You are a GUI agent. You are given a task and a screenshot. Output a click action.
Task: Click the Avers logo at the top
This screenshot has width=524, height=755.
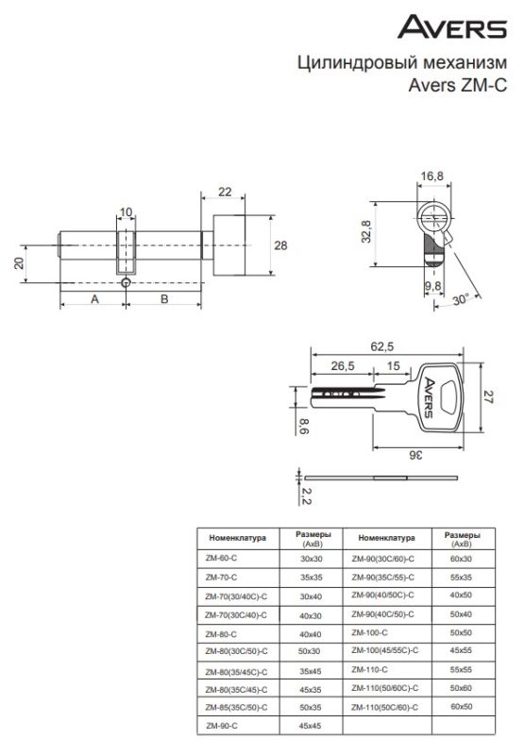pos(451,26)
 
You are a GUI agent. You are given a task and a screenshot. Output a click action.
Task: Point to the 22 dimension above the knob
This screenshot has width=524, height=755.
pos(225,192)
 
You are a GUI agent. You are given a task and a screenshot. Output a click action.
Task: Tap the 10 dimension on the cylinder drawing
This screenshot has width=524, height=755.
pos(126,212)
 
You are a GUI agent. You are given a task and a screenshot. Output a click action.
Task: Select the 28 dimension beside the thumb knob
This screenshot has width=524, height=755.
pos(280,245)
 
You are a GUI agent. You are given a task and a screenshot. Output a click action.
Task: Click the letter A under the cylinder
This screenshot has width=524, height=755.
pos(94,299)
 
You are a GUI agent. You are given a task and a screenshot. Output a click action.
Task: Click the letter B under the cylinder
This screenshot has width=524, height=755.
pos(164,299)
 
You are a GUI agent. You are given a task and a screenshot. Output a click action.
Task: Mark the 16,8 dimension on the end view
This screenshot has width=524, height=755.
pos(432,176)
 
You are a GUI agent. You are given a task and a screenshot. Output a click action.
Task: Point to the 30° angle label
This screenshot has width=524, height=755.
pos(461,299)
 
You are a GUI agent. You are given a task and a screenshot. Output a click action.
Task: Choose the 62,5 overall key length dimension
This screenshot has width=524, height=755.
pos(382,346)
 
